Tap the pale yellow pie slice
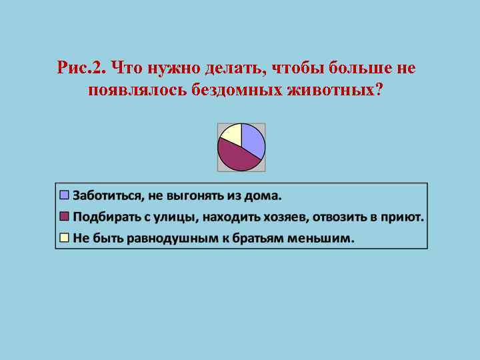(x=231, y=133)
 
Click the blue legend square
(x=65, y=195)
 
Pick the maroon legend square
(x=65, y=217)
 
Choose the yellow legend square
(x=65, y=237)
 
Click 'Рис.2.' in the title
(x=82, y=68)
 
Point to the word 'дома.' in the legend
(x=265, y=196)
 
